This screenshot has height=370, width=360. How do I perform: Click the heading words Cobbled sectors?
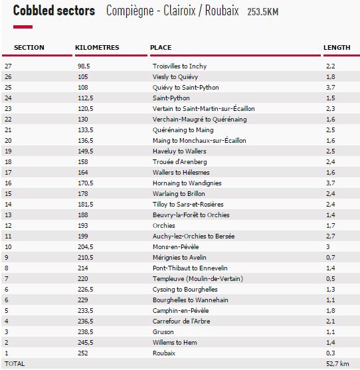pyautogui.click(x=54, y=11)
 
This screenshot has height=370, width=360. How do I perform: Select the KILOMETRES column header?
pyautogui.click(x=97, y=48)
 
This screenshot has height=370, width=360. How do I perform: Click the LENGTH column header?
pyautogui.click(x=337, y=48)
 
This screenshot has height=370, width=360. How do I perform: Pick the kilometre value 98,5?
pyautogui.click(x=83, y=66)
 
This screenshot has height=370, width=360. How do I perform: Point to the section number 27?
pyautogui.click(x=8, y=66)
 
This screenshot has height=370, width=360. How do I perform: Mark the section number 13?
pyautogui.click(x=8, y=215)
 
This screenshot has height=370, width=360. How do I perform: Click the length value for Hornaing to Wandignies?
pyautogui.click(x=330, y=183)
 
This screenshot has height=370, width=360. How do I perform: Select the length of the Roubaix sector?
pyautogui.click(x=330, y=353)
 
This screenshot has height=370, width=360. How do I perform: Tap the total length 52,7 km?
pyautogui.click(x=337, y=364)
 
